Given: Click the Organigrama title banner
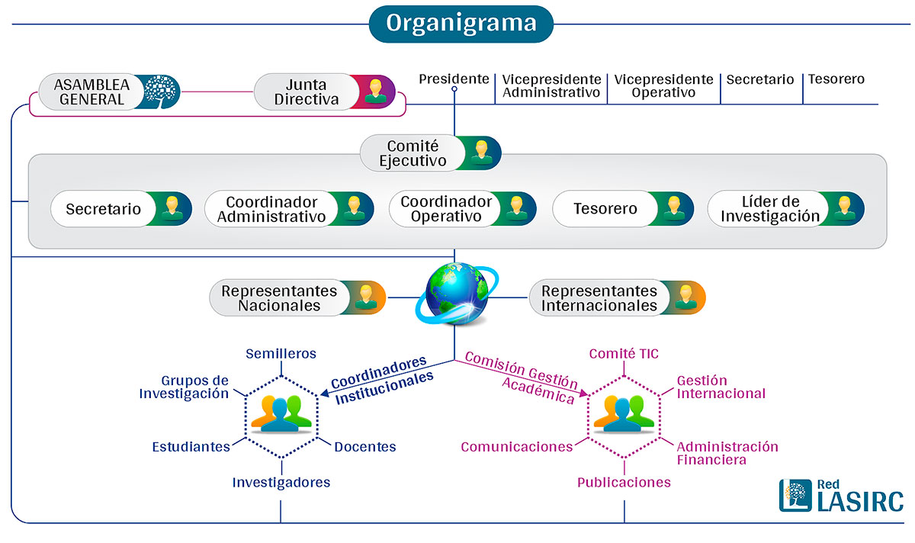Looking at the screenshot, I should [x=461, y=23].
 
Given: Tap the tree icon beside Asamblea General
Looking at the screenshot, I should [x=160, y=89].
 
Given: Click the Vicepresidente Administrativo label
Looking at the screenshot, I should [x=551, y=86].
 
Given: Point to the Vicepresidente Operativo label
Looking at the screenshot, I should [x=663, y=86].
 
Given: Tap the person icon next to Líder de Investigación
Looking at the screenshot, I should [x=843, y=209].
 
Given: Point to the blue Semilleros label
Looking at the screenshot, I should [x=281, y=354].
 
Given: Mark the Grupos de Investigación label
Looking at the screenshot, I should [x=195, y=387].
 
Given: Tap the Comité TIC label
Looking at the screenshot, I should [x=624, y=354].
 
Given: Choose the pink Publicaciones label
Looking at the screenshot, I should [x=624, y=482].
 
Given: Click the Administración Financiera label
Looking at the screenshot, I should [x=727, y=453].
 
